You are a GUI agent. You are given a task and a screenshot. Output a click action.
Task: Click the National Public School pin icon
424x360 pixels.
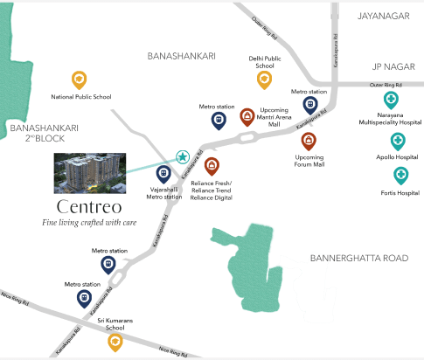pyautogui.click(x=79, y=80)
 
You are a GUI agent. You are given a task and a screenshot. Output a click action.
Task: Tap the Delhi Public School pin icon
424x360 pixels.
pyautogui.click(x=264, y=80)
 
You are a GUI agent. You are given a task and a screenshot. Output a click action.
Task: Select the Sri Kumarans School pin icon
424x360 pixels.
pyautogui.click(x=115, y=342)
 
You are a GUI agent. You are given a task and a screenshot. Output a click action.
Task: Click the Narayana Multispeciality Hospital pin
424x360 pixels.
pyautogui.click(x=391, y=98)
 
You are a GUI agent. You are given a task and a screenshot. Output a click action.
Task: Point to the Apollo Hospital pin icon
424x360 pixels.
pyautogui.click(x=398, y=140)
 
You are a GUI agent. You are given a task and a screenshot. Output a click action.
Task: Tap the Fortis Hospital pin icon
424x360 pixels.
pyautogui.click(x=400, y=173)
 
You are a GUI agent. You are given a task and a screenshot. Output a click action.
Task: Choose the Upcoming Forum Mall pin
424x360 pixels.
pyautogui.click(x=309, y=140)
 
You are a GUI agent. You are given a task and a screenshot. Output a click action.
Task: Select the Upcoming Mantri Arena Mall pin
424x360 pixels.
pyautogui.click(x=247, y=116)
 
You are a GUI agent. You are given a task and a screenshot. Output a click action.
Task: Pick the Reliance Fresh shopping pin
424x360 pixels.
pyautogui.click(x=211, y=164)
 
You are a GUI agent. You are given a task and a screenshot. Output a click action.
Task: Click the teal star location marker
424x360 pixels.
pyautogui.click(x=183, y=157)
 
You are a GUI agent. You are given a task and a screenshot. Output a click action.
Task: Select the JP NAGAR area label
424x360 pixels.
pyautogui.click(x=392, y=66)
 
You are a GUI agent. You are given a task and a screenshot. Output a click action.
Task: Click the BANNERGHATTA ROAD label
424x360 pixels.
pyautogui.click(x=359, y=259)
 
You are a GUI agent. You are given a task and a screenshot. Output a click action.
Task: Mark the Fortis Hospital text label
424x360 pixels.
pyautogui.click(x=400, y=193)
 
